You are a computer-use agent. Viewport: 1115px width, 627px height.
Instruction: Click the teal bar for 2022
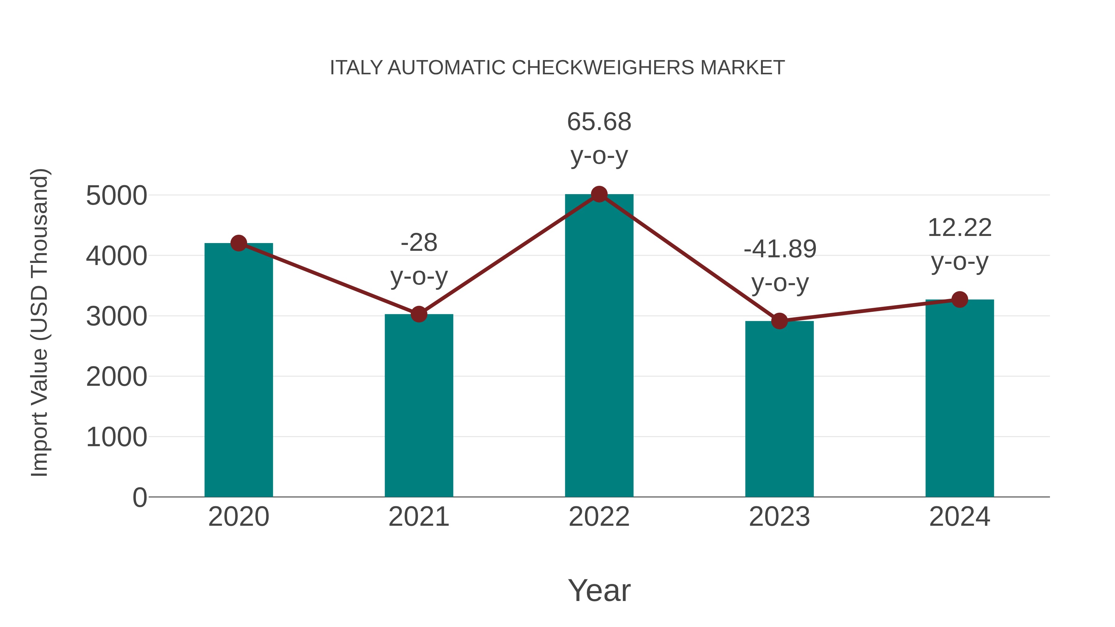[599, 346]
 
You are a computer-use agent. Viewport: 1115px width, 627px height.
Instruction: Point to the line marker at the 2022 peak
[599, 194]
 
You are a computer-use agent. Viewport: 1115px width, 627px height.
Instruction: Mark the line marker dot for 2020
[238, 243]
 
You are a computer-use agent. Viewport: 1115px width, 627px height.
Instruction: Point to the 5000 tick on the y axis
[116, 196]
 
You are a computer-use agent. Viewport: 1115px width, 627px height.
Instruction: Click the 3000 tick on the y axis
[116, 317]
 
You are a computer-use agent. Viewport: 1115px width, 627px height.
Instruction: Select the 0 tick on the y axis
[139, 498]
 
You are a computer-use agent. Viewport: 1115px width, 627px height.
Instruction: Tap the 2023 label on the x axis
[779, 517]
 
